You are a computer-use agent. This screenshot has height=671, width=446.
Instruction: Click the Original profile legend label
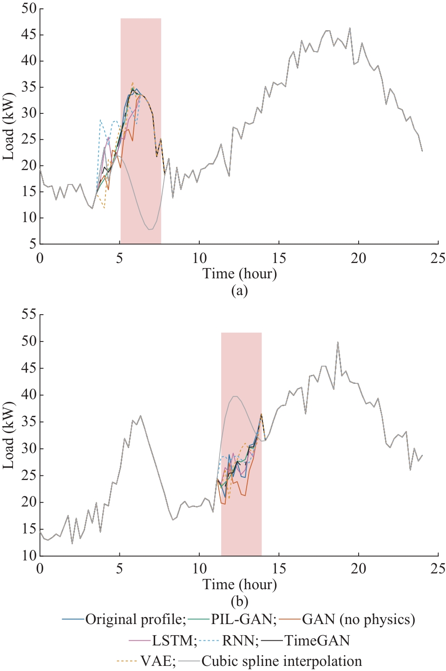[x=135, y=619]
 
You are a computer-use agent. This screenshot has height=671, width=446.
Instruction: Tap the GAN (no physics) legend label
[x=358, y=619]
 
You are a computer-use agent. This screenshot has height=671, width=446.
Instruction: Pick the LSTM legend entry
[x=172, y=641]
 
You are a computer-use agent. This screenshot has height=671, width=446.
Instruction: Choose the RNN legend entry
[x=240, y=641]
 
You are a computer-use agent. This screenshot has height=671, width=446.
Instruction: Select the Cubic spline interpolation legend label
[x=282, y=661]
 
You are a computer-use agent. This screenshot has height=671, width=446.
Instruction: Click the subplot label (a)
[x=239, y=291]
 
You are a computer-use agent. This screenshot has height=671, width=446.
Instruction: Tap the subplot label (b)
[x=239, y=602]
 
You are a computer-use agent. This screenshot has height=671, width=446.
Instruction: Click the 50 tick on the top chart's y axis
[x=29, y=9]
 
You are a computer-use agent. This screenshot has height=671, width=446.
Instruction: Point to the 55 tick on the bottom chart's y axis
[x=29, y=315]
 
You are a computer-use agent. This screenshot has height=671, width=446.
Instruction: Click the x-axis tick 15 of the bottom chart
[x=279, y=569]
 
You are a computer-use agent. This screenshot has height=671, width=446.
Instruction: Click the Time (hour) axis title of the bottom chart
[x=239, y=585]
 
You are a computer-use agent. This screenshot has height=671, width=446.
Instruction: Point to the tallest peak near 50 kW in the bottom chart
[x=338, y=342]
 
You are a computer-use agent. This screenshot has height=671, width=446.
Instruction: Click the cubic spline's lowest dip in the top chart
[x=149, y=229]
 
